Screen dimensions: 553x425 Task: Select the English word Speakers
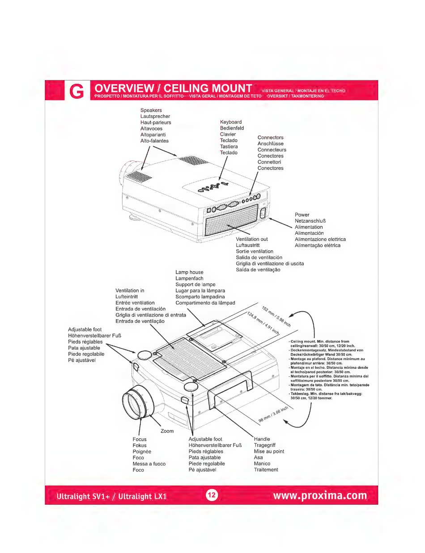point(151,110)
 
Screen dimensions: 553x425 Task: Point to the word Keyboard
point(231,122)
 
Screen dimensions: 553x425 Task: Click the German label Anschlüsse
point(270,144)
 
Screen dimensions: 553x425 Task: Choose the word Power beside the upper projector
point(302,215)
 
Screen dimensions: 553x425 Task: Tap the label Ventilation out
point(252,239)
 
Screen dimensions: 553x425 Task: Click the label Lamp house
point(189,272)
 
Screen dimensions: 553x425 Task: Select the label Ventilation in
point(130,291)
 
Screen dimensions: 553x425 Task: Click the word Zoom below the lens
point(167,431)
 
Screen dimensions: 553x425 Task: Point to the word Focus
point(140,439)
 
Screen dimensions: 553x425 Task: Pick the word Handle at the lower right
point(262,439)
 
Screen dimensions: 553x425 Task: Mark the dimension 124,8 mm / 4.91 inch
point(263,324)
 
